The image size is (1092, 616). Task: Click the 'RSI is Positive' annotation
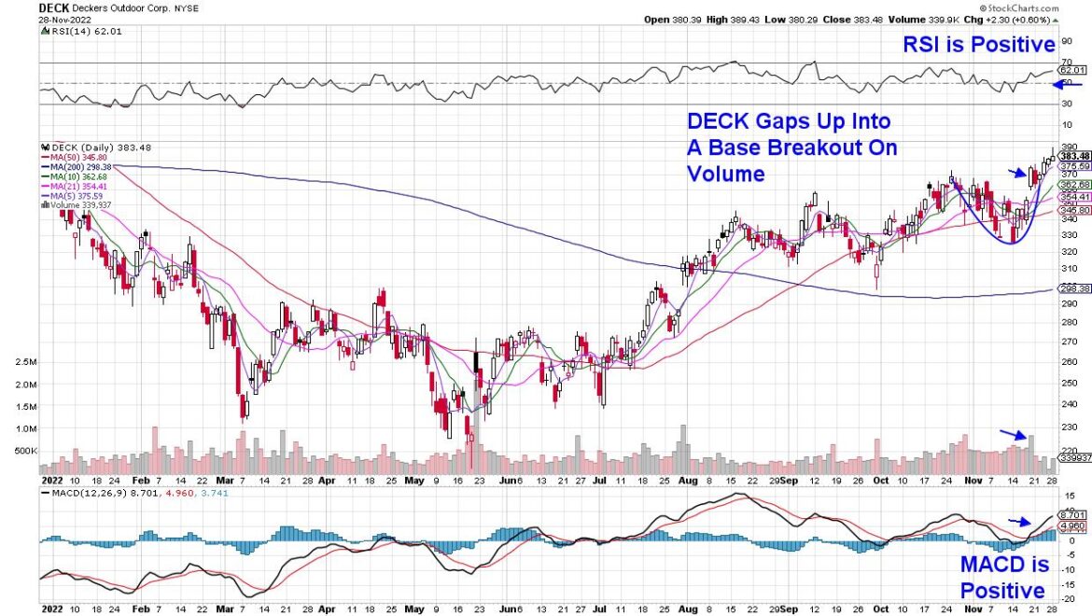point(977,44)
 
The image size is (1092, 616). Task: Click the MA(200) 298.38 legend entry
point(80,165)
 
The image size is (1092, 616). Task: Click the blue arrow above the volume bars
point(1013,433)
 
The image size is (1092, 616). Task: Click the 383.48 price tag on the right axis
point(1074,156)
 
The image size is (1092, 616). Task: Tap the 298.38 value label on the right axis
point(1074,289)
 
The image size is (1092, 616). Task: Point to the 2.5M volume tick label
point(25,361)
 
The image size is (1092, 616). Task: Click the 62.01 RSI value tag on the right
point(1073,70)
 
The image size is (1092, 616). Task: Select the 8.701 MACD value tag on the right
point(1073,514)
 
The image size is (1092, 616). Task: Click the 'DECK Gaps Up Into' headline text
point(789,121)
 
